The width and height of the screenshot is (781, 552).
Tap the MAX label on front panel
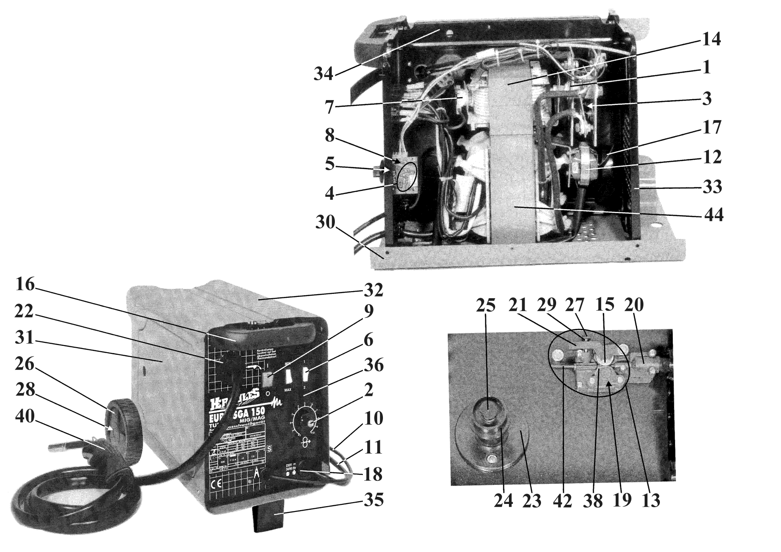pyautogui.click(x=288, y=390)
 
